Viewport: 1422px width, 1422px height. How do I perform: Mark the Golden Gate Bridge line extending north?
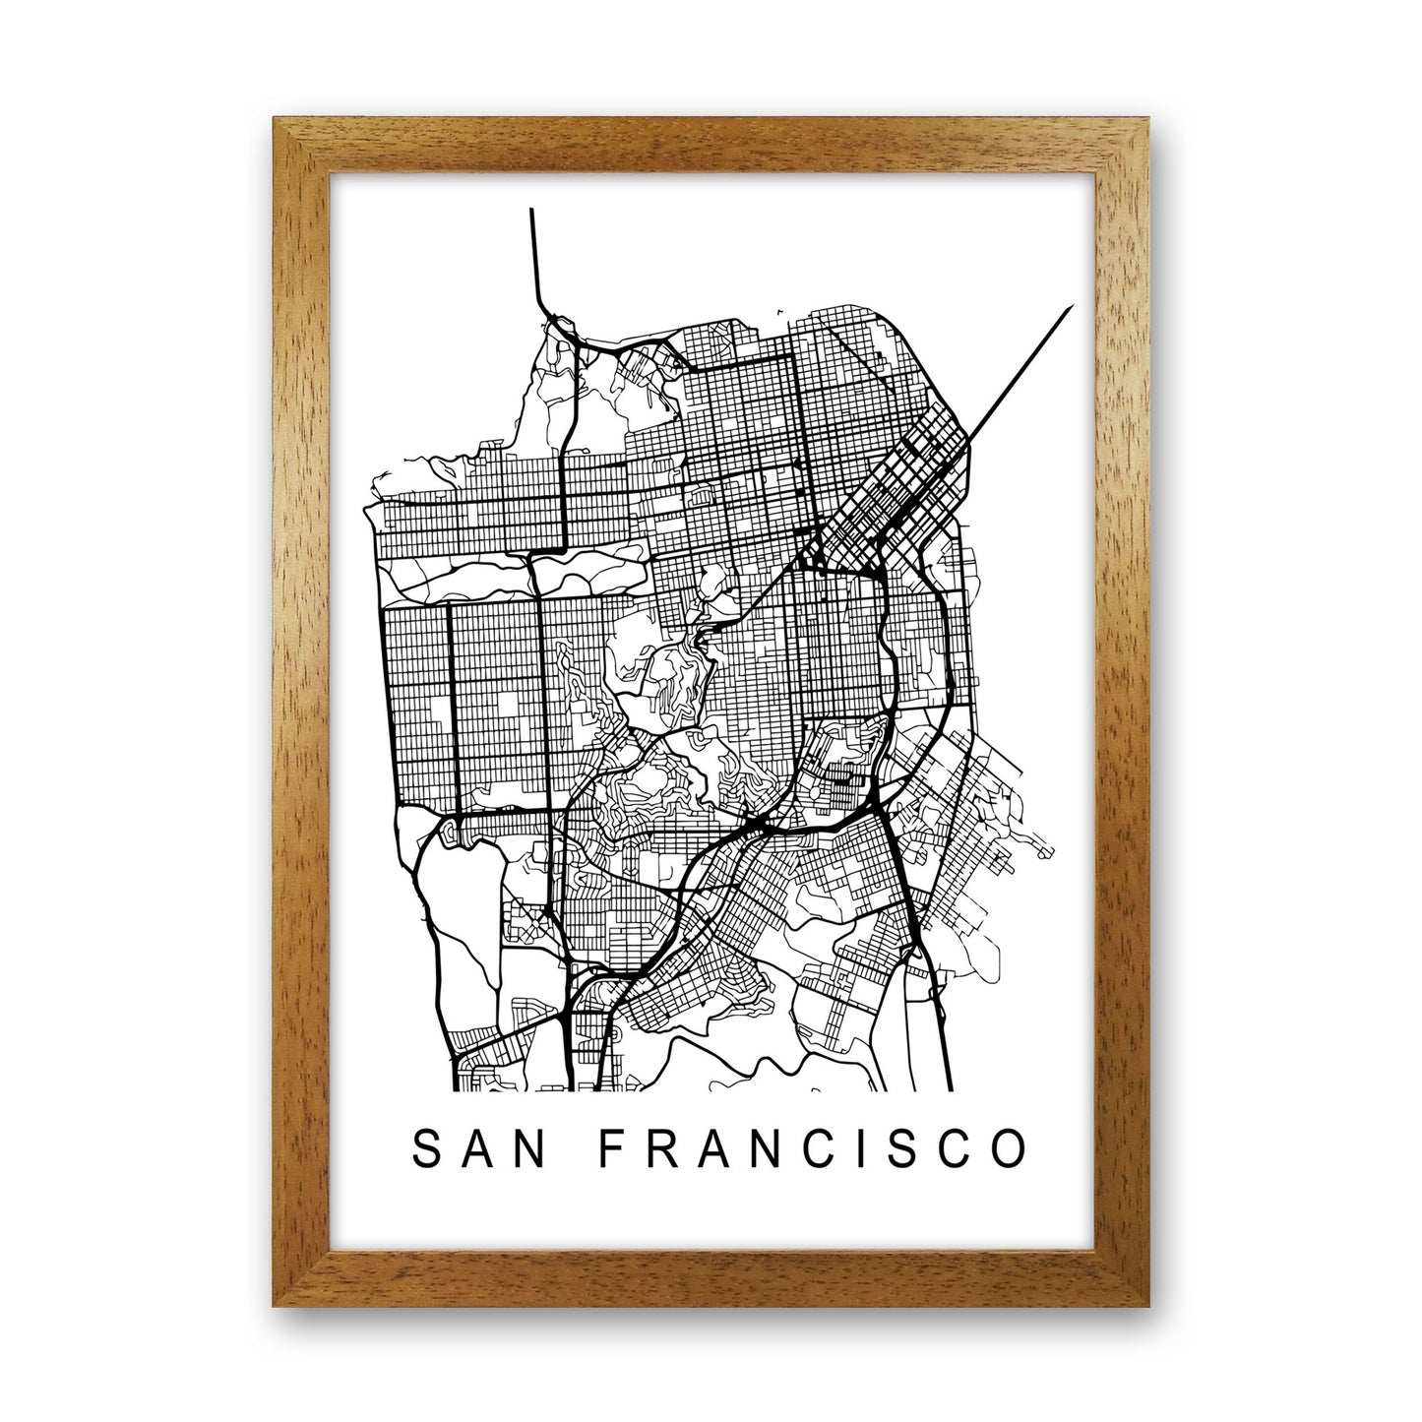click(x=533, y=256)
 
